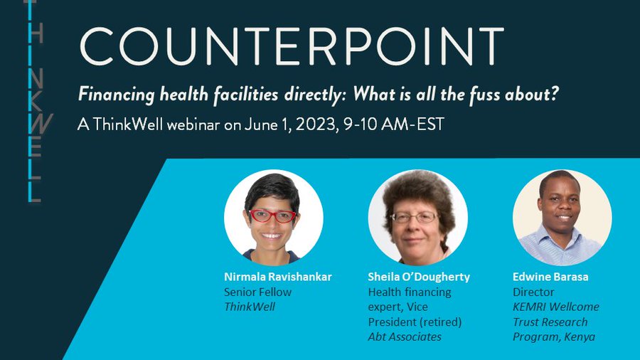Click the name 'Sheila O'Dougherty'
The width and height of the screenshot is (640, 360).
coord(419,277)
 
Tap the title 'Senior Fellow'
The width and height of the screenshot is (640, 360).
coord(257,292)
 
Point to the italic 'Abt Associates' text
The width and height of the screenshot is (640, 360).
coord(404,337)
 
